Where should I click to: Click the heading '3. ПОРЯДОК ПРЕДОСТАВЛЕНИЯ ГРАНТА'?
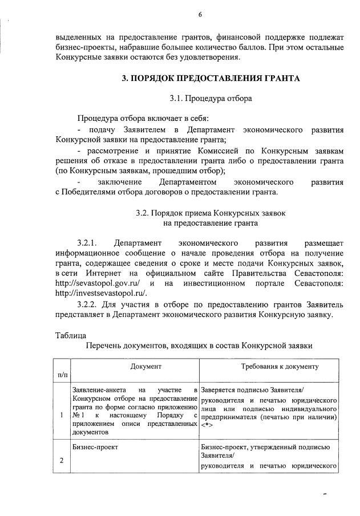click(x=211, y=78)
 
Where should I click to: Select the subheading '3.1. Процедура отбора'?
click(x=211, y=98)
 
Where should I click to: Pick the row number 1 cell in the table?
click(x=61, y=414)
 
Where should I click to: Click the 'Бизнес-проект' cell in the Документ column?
click(x=95, y=448)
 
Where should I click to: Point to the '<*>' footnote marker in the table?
click(x=208, y=425)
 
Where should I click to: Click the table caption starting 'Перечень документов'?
click(x=199, y=346)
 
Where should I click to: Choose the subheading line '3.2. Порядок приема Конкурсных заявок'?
click(x=211, y=212)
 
